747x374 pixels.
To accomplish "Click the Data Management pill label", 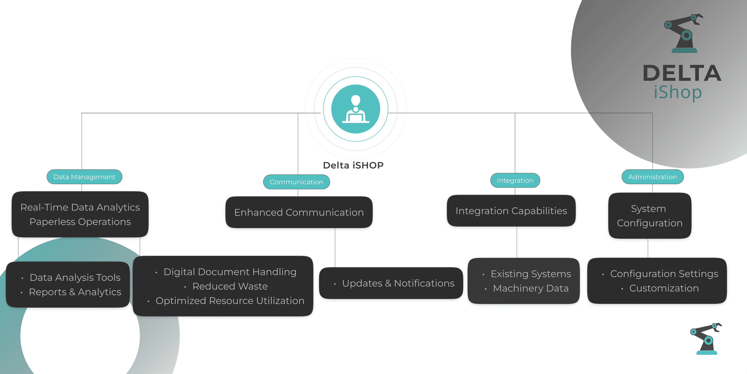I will click(x=84, y=177).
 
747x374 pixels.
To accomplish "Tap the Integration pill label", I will click(x=515, y=180).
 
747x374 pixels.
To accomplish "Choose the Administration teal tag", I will click(x=652, y=177).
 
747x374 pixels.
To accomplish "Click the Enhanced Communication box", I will click(x=299, y=212).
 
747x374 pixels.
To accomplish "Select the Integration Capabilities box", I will click(x=511, y=211).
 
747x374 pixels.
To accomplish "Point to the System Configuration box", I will click(x=650, y=216).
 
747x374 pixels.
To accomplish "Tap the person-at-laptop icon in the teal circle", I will click(x=356, y=109).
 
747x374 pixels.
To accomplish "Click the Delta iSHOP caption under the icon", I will click(x=353, y=165).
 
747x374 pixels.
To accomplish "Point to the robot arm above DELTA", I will click(x=684, y=33).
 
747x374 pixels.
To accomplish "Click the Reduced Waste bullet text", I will click(x=230, y=286).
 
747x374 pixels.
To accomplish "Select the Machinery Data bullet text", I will click(x=531, y=288).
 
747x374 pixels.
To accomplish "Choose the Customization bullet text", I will click(x=664, y=288).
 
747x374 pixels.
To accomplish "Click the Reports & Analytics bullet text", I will click(x=75, y=292).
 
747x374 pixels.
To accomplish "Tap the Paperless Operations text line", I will click(x=80, y=222).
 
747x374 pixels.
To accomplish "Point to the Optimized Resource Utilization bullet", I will click(x=230, y=301).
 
